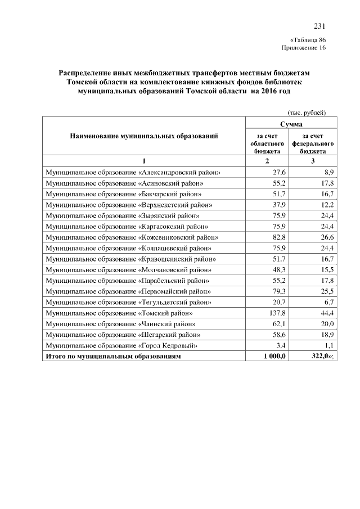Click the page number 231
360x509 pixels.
[319, 26]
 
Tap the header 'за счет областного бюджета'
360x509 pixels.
[266, 143]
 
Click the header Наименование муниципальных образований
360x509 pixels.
[143, 136]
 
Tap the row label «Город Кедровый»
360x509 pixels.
[122, 345]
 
